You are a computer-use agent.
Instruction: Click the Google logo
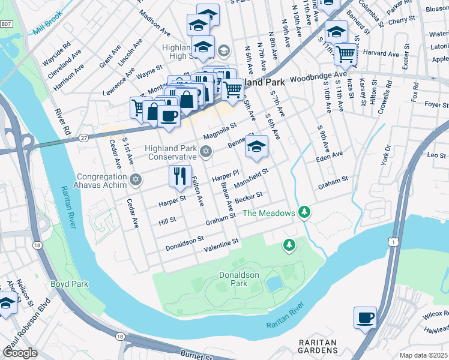[x=21, y=353]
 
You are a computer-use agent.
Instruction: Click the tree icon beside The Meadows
[x=305, y=212]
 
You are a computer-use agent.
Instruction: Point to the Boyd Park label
[x=69, y=284]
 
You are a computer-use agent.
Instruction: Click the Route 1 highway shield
[x=393, y=241]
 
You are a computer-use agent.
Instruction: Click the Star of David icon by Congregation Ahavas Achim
[x=136, y=179]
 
